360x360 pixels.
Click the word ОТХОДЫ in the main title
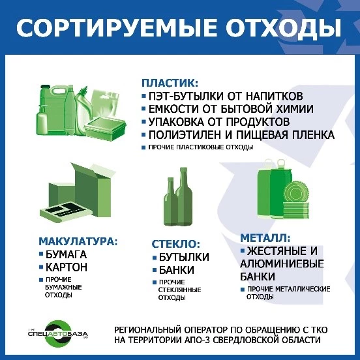click(x=283, y=28)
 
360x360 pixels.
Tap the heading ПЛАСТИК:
click(x=170, y=83)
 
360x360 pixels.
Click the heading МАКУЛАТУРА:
click(x=78, y=241)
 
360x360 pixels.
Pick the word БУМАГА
click(x=66, y=254)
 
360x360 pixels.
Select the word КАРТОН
click(x=67, y=267)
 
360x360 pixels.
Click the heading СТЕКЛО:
click(x=176, y=244)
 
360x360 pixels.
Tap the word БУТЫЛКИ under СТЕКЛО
click(x=184, y=257)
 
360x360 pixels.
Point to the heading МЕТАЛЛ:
click(x=265, y=238)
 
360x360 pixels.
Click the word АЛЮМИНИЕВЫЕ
click(x=282, y=263)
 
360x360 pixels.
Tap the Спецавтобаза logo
click(x=58, y=334)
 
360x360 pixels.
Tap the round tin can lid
click(x=296, y=192)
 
